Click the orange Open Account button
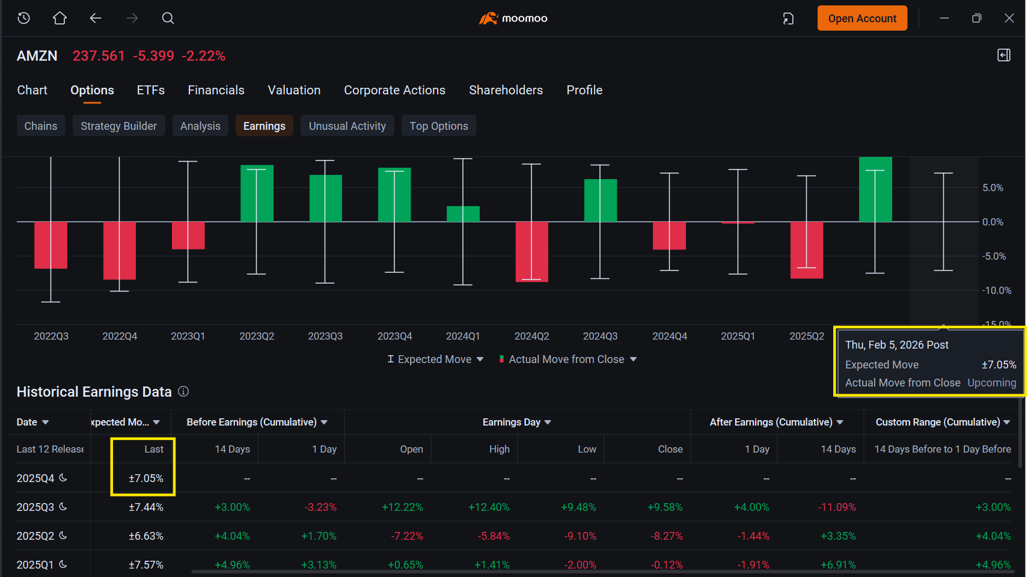point(862,19)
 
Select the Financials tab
point(216,90)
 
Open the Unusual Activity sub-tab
point(347,126)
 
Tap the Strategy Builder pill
point(118,126)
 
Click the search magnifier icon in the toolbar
point(168,19)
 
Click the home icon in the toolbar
point(60,19)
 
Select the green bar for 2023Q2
point(257,193)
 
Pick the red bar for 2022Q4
point(119,251)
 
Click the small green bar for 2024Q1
point(463,214)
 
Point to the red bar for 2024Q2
point(531,252)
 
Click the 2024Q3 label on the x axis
point(600,336)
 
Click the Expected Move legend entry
point(435,359)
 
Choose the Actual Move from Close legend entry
point(568,359)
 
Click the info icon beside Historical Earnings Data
point(183,392)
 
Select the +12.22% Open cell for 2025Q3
point(402,507)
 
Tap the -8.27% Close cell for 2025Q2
point(666,536)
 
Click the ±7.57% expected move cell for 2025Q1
point(146,564)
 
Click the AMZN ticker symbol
point(37,56)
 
